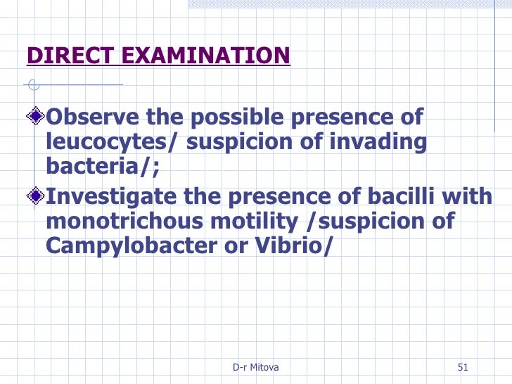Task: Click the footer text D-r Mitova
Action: (255, 368)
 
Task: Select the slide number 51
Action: (463, 368)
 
